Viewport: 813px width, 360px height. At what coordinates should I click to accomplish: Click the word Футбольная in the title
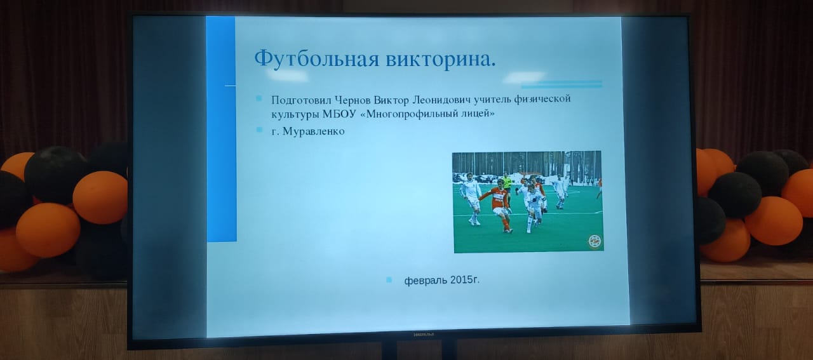click(x=316, y=59)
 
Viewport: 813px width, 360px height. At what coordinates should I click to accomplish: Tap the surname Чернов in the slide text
click(x=353, y=100)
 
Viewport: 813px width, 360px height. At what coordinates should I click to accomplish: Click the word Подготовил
click(x=301, y=100)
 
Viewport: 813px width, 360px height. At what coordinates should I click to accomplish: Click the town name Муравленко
click(x=313, y=131)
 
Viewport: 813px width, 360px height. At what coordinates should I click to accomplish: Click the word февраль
click(x=426, y=281)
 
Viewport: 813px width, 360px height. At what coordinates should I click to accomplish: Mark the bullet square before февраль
click(x=389, y=280)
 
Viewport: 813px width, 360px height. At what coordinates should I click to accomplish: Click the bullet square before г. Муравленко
click(x=259, y=130)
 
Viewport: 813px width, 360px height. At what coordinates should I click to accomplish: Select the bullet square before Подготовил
click(x=259, y=98)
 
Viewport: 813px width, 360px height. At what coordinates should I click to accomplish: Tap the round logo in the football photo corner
click(x=595, y=242)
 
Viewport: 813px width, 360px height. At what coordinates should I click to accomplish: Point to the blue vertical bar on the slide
click(x=222, y=129)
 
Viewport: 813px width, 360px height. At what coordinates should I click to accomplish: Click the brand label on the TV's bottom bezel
click(x=424, y=335)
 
